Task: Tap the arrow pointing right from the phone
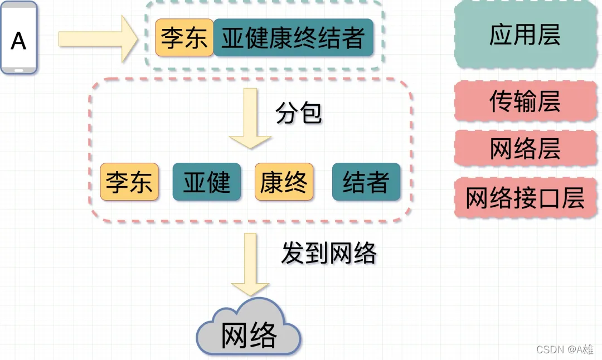[x=98, y=38]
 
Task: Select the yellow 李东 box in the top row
[x=184, y=38]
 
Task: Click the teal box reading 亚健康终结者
[x=293, y=38]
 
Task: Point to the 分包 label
[x=299, y=114]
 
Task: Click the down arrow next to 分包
[x=250, y=118]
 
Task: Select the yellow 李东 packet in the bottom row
[x=129, y=182]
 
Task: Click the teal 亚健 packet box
[x=207, y=182]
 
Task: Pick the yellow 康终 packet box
[x=284, y=182]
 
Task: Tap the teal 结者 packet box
[x=366, y=182]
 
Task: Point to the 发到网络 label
[x=329, y=254]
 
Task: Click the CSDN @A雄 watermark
[x=565, y=349]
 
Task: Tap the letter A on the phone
[x=19, y=41]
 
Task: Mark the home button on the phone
[x=19, y=70]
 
